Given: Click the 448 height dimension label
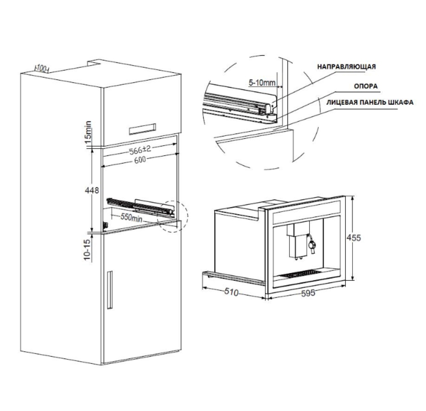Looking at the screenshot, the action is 92,190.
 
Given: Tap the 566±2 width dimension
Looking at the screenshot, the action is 144,149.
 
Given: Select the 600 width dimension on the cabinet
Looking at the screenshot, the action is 140,159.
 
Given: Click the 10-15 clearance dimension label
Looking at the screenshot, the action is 87,250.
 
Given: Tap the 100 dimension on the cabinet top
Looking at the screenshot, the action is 41,69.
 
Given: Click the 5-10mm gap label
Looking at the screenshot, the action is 262,82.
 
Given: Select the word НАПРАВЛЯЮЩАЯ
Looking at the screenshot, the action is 346,67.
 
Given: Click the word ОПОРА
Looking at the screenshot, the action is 366,86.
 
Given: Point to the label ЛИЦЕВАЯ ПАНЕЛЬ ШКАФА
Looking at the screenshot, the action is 370,102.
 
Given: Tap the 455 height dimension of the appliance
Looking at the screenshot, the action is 354,238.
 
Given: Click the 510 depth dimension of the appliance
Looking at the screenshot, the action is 231,292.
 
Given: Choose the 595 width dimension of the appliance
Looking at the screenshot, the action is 308,293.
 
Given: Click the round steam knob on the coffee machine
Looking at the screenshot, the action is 312,245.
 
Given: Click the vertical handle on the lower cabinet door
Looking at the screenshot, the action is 110,290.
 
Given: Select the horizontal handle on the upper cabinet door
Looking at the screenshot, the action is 142,129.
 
